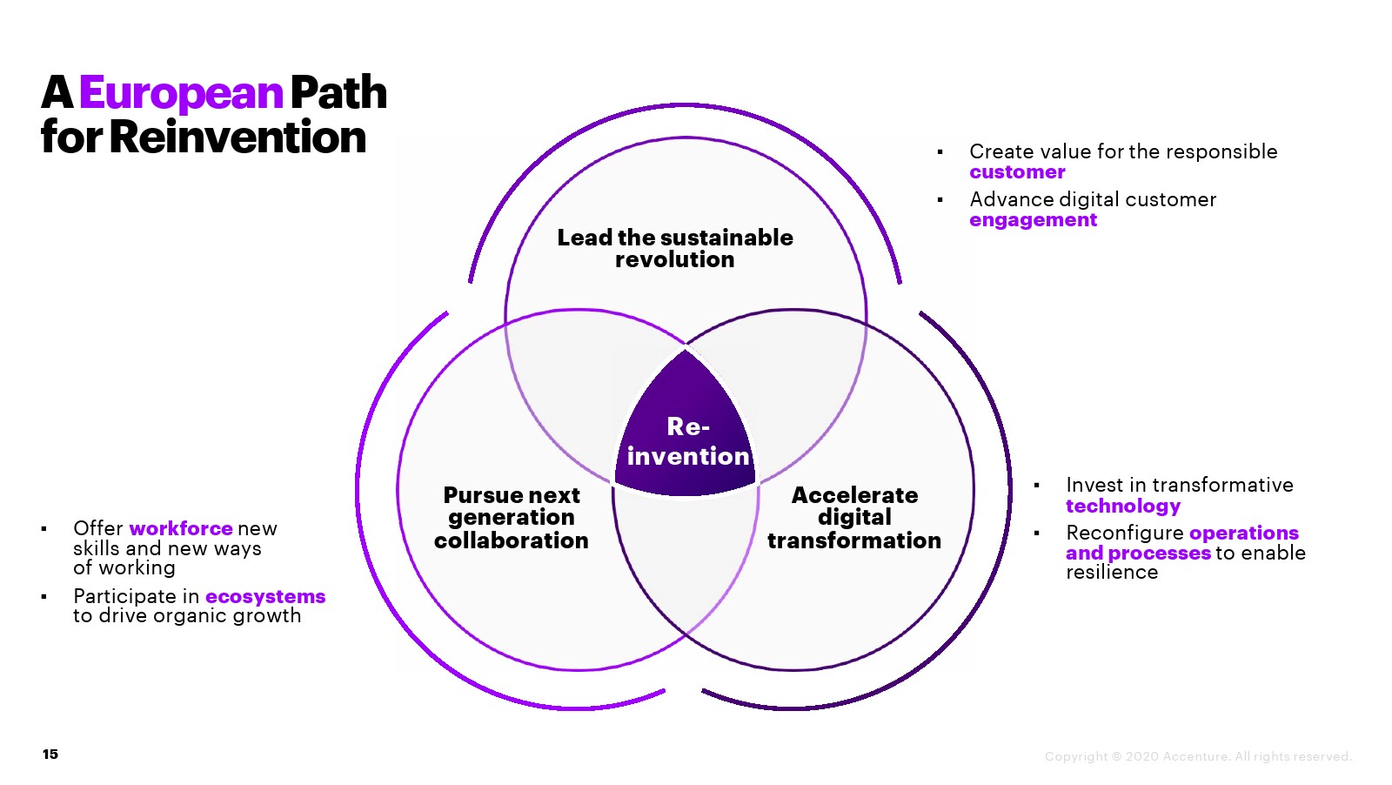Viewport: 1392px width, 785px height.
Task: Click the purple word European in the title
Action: (181, 93)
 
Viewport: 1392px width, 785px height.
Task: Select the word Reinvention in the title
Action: (238, 138)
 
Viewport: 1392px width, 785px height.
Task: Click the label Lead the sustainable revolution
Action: (675, 248)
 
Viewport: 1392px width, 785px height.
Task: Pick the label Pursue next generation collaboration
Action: (512, 518)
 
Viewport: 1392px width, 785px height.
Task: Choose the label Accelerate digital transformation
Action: (854, 518)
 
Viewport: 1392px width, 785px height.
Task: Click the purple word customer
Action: (1017, 172)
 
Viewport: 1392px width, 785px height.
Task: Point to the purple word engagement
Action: (1033, 220)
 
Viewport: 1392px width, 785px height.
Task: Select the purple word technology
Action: (1123, 507)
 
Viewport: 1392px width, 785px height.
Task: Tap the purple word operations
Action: (1243, 533)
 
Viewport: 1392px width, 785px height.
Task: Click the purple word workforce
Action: (181, 528)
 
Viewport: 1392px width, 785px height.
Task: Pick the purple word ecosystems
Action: (265, 596)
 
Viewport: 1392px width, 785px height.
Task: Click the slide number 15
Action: (50, 754)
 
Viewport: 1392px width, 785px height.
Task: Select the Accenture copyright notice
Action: (1198, 756)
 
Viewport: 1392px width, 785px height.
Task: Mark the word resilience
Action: (1112, 573)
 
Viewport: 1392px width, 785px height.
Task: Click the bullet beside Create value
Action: (940, 152)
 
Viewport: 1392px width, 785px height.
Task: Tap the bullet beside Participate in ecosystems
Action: (43, 596)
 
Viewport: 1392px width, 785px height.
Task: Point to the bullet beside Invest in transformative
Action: (1036, 486)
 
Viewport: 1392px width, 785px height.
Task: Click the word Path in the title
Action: (338, 93)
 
